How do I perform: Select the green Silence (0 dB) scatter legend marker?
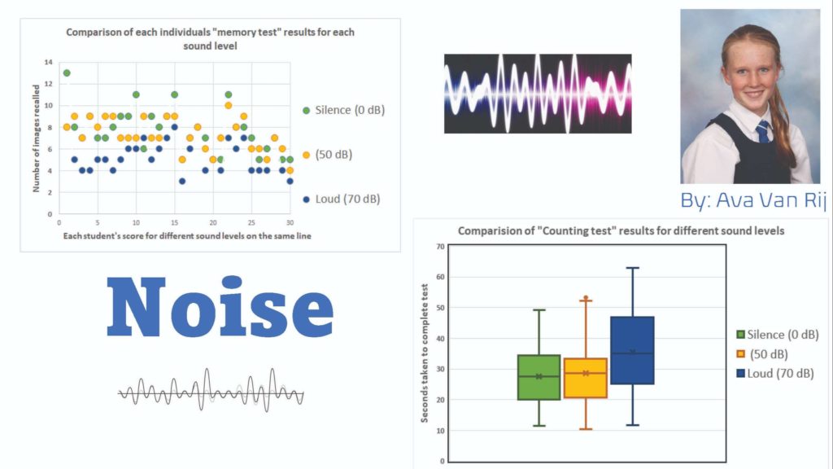[306, 110]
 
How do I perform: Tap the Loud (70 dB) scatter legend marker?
[306, 199]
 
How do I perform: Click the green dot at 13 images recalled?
[67, 72]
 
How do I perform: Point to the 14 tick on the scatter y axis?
[49, 63]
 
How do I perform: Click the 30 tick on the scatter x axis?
[290, 221]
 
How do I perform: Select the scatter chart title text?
[211, 38]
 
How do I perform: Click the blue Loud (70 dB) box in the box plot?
[632, 350]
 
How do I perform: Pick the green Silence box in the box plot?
[539, 377]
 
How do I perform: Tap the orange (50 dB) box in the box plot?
[586, 378]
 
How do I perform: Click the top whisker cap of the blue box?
[632, 268]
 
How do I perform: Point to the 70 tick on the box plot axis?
[440, 246]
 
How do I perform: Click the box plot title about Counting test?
[621, 230]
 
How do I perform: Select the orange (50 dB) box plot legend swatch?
[740, 354]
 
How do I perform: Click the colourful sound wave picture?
[537, 93]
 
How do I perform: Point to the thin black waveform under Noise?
[211, 393]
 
